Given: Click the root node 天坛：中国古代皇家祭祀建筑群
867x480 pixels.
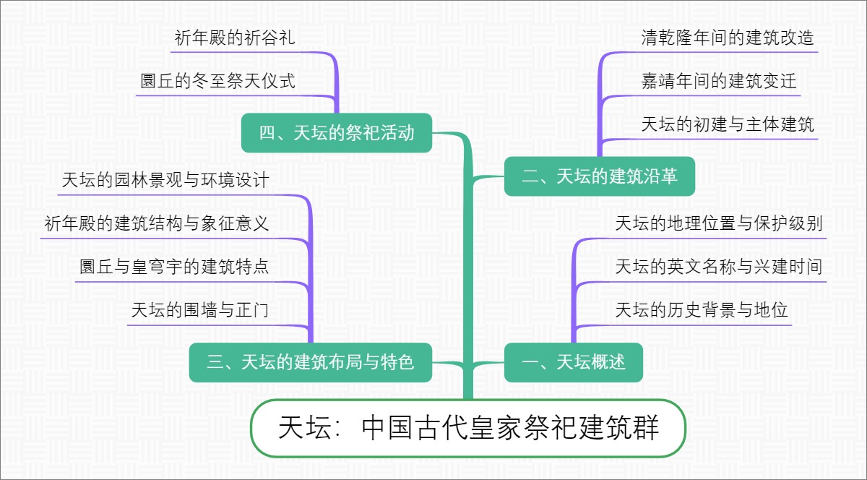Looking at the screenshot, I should click(468, 428).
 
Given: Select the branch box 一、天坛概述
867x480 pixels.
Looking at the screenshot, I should click(573, 362).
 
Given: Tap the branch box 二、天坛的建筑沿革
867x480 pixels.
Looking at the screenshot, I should click(599, 176).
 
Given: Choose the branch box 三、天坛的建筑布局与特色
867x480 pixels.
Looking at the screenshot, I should click(311, 362).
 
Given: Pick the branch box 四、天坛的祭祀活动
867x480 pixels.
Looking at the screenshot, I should click(337, 133).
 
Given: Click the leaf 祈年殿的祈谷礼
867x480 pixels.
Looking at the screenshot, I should click(235, 38).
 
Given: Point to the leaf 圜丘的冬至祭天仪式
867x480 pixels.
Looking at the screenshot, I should click(218, 80).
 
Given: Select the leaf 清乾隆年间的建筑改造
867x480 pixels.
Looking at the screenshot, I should click(728, 38).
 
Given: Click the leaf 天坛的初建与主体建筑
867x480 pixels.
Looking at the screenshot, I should click(728, 124).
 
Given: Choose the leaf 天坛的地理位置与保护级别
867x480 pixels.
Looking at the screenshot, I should click(719, 223).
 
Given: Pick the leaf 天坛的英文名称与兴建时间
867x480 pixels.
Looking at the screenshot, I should click(719, 267).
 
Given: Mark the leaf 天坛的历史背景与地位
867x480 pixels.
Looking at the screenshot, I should click(702, 310).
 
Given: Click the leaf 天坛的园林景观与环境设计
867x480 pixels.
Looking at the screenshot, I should click(165, 180).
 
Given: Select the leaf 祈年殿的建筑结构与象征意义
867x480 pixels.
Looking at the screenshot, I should click(157, 223).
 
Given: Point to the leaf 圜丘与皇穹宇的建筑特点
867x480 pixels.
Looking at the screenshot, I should click(174, 267).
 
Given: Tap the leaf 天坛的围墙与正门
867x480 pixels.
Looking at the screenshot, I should click(200, 310).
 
